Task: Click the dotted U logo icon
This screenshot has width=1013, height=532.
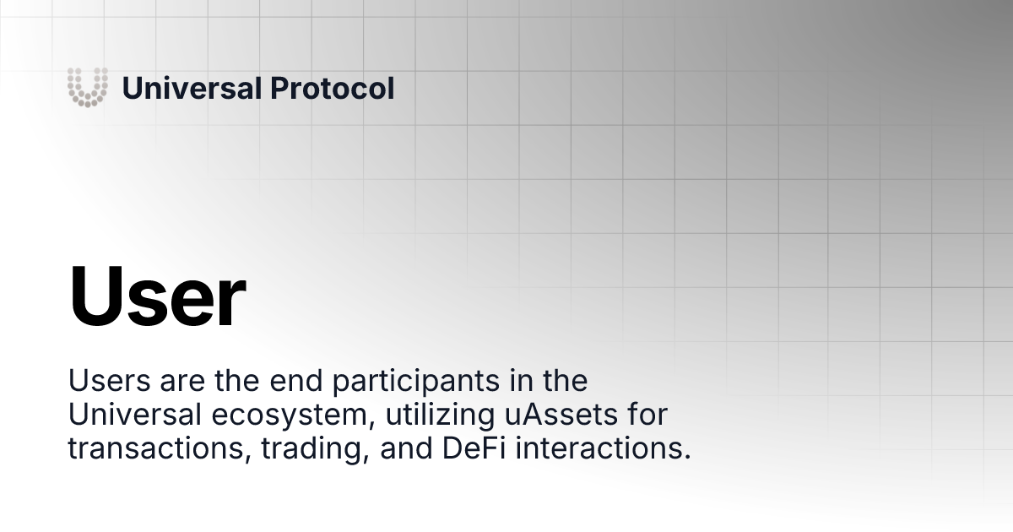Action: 88,87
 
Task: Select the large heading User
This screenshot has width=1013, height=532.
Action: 157,298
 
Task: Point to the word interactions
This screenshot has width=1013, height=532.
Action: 602,449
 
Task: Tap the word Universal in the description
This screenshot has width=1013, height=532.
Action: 134,415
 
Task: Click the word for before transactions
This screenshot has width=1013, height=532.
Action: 647,415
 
